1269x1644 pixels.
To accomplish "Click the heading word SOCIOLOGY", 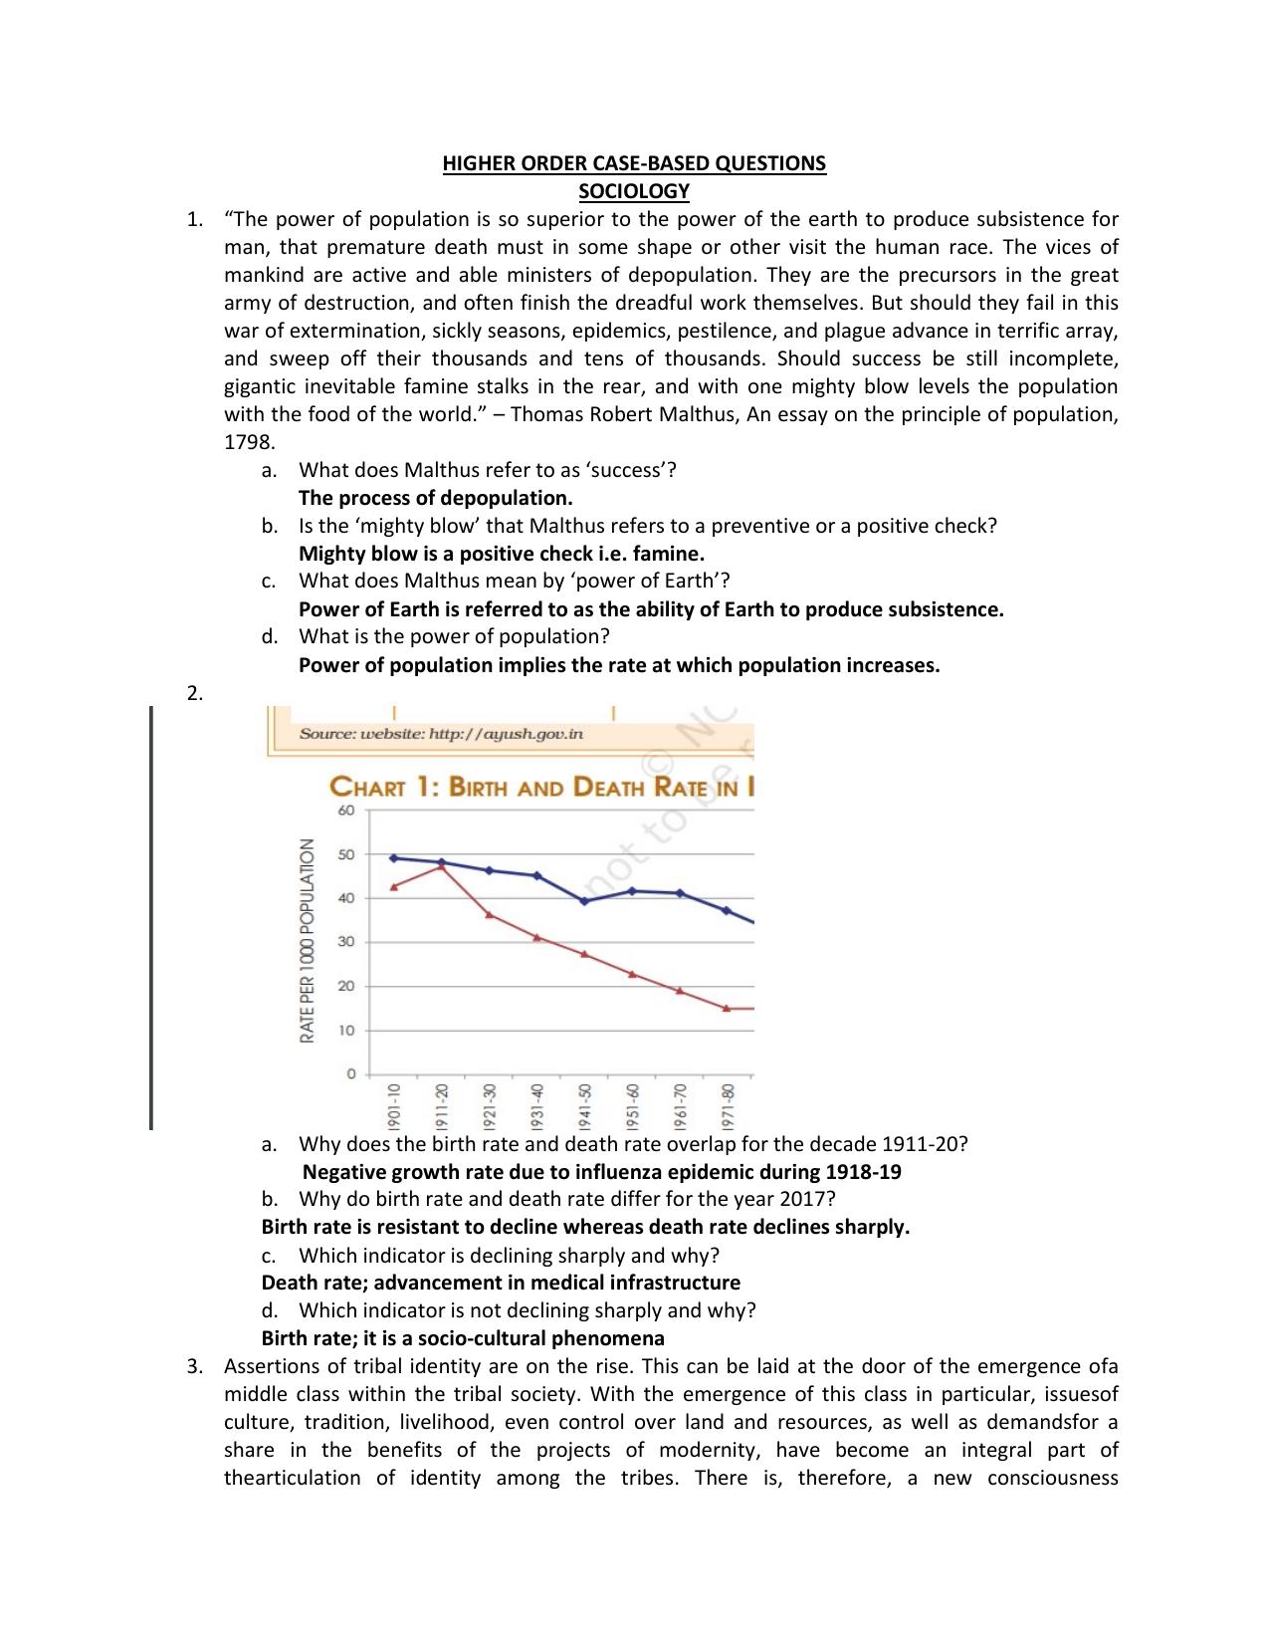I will click(x=634, y=191).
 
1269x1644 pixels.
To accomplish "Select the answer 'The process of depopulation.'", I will click(x=435, y=498).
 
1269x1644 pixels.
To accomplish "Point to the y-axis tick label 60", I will click(x=345, y=811).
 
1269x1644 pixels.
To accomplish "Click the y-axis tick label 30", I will click(x=345, y=942).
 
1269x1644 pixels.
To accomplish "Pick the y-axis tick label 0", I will click(x=350, y=1074).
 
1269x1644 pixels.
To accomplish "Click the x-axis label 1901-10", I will click(x=394, y=1103).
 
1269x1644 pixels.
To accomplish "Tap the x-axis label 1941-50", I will click(x=584, y=1103).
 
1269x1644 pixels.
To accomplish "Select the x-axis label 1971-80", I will click(x=728, y=1103).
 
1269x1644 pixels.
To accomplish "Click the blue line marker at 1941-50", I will click(x=584, y=901).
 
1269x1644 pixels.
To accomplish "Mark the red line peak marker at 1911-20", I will click(x=442, y=867).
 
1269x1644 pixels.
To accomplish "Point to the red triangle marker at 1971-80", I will click(x=727, y=1009).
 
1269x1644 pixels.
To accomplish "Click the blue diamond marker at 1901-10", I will click(x=394, y=857).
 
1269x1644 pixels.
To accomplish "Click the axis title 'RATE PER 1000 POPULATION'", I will click(x=308, y=941).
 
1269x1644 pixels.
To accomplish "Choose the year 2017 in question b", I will click(x=809, y=1199).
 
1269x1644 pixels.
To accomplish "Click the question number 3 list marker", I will click(x=194, y=1366).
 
